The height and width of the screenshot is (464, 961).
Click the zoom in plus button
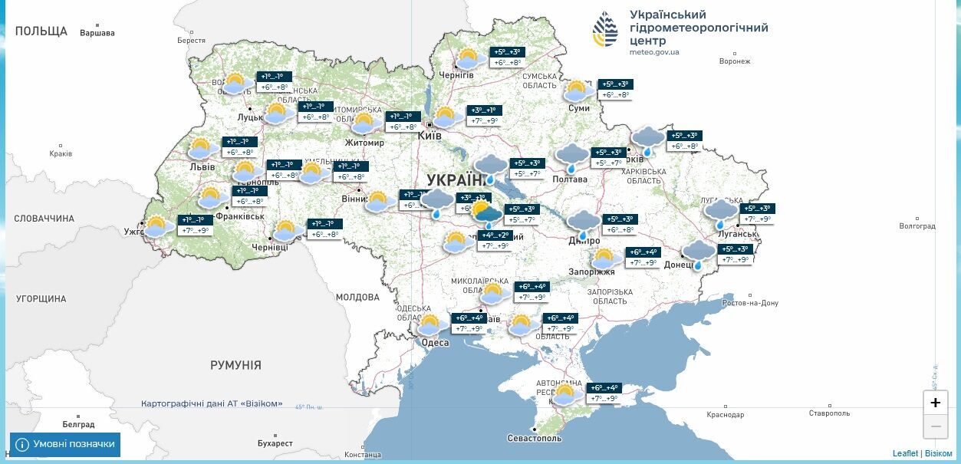coord(935,403)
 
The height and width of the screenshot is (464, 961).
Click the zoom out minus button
coord(935,426)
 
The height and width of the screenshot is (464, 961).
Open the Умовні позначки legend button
coord(65,444)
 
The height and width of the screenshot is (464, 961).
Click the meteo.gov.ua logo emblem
coord(605,30)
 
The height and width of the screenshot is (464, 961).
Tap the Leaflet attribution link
coord(905,453)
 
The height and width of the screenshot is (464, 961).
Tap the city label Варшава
coord(97,33)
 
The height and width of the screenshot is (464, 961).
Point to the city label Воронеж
coord(735,61)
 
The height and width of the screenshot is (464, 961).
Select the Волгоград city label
coord(917,226)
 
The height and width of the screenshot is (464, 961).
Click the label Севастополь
coord(535,439)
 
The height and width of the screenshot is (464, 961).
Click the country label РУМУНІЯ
coord(235,366)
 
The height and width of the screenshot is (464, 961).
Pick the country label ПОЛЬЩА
coord(41,31)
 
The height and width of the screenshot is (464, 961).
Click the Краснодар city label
coord(725,415)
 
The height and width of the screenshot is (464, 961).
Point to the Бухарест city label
coord(275,443)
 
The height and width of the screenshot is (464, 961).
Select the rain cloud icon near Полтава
coord(571,157)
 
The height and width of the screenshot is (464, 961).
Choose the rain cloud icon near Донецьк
coord(698,254)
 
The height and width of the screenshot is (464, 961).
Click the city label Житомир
coord(364,143)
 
